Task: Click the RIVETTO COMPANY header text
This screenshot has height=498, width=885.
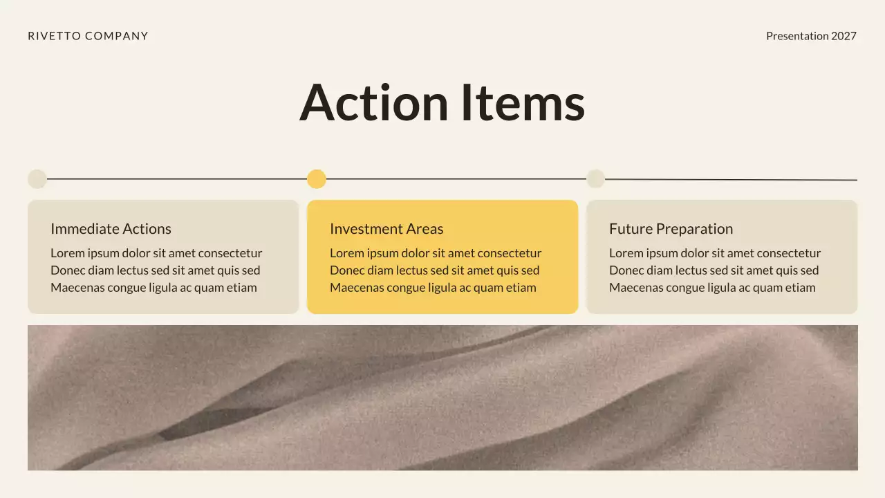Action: (88, 36)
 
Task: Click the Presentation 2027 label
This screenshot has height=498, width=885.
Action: (811, 36)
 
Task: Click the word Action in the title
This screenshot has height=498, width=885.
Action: (374, 102)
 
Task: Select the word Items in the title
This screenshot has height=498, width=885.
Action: (523, 102)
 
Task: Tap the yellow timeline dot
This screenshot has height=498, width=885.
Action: (317, 179)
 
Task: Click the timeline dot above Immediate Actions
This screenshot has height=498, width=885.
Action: (37, 179)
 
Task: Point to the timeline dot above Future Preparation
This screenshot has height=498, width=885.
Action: (595, 178)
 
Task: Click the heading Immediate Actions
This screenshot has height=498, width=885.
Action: (111, 229)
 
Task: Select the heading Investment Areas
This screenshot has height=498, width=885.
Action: (386, 229)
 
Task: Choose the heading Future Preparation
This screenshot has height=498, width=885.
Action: (671, 229)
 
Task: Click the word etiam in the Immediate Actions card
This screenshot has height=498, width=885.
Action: (242, 288)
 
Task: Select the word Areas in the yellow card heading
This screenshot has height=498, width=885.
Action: (425, 229)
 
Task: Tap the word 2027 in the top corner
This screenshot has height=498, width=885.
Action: (844, 36)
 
